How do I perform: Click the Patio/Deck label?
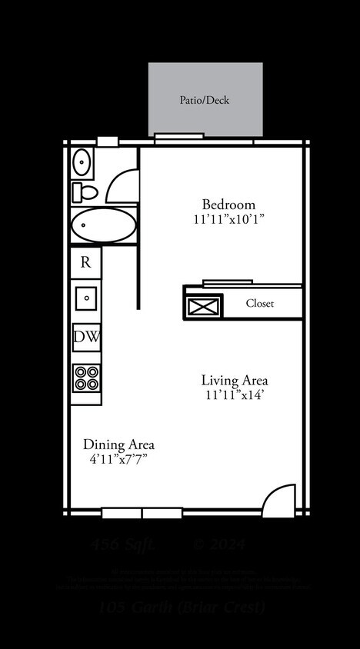205,100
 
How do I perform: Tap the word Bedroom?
228,205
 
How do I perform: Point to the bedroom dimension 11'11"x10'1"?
228,219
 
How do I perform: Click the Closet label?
259,303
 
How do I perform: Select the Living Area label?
235,380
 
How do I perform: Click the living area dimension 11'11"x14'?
235,394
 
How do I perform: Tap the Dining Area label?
118,444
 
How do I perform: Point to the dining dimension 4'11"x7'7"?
118,459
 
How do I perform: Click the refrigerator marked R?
86,261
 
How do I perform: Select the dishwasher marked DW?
86,336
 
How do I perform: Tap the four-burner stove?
86,378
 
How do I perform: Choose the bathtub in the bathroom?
102,225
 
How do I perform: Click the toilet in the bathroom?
85,191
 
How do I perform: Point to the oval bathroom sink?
82,161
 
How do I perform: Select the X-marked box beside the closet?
204,305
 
